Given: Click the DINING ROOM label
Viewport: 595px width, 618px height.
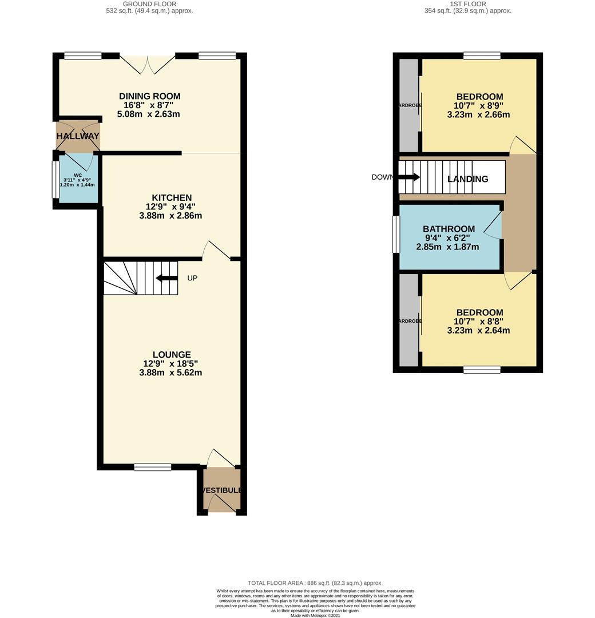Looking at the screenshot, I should [x=149, y=96].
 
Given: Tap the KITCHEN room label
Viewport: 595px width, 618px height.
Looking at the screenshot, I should [x=170, y=197].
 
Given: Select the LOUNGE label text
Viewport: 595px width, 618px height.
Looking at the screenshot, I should [x=171, y=355].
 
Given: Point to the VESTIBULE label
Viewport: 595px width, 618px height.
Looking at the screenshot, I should [x=221, y=490].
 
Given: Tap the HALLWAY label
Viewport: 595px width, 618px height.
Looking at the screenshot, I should [x=78, y=136].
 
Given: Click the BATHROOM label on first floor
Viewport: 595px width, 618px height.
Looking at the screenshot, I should [x=449, y=229].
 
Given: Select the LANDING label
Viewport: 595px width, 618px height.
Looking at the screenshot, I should [x=467, y=179].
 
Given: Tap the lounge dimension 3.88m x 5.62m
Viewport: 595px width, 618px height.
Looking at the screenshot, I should [x=170, y=373].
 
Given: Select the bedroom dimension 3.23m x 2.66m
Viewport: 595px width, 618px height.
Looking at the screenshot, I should [x=479, y=114].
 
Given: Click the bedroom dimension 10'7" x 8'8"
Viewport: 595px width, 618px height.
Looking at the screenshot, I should [x=479, y=321].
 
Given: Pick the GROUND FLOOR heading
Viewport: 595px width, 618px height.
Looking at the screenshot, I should [x=149, y=4].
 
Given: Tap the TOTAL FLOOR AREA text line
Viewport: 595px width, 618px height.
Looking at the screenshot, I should [x=315, y=583].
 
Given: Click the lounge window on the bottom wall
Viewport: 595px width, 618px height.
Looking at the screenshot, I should [x=153, y=467].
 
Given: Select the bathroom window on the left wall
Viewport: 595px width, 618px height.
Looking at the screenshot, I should [x=395, y=234].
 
